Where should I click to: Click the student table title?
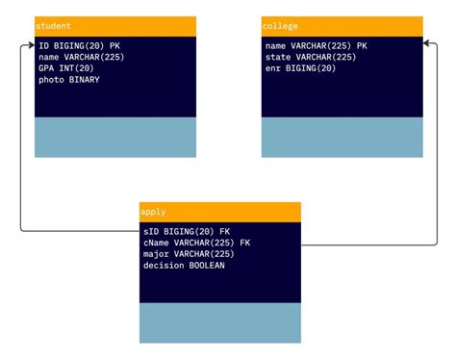54,26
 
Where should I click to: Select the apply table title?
153,212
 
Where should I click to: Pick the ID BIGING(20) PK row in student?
79,45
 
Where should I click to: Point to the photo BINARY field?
69,80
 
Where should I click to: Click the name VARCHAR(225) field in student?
82,57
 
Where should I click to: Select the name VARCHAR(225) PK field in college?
316,45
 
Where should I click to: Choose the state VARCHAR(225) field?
311,57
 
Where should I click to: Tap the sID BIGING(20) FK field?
187,231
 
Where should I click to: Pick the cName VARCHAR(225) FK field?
196,243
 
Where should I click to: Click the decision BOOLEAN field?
184,266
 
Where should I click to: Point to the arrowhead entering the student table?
31,45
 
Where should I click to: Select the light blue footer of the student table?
115,138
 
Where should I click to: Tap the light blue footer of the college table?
342,138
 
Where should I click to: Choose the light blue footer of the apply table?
220,323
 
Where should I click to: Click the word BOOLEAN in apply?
206,266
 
